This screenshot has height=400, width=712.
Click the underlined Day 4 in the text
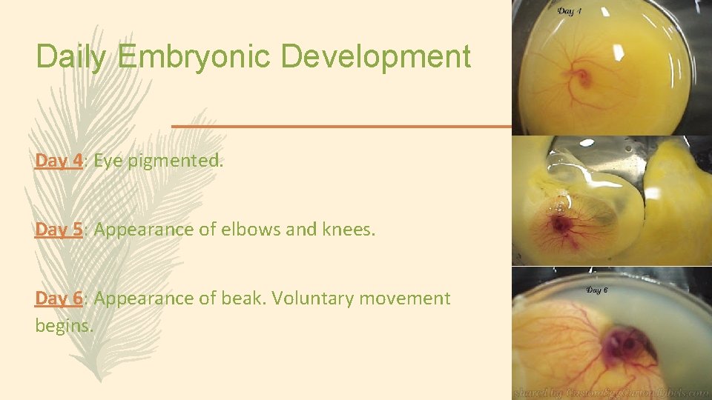[x=59, y=161]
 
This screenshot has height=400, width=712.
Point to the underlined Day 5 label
[x=59, y=230]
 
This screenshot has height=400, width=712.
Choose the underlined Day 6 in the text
[x=59, y=299]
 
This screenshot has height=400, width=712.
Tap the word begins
[x=64, y=325]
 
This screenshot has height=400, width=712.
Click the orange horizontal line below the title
[x=341, y=126]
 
